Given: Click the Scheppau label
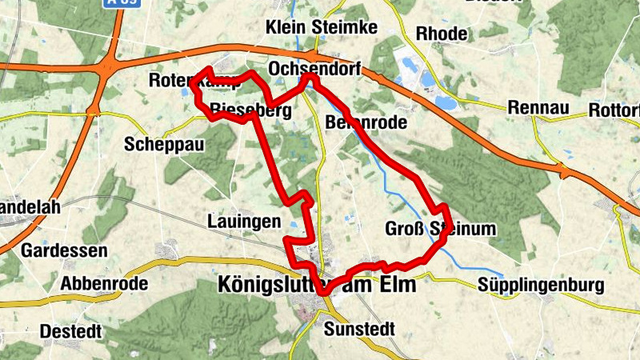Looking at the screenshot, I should tap(165, 145).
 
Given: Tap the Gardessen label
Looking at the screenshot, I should tap(65, 251).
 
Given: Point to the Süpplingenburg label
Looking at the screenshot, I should tap(538, 285).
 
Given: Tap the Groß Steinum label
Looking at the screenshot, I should tap(441, 229).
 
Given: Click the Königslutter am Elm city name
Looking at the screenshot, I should tap(317, 285).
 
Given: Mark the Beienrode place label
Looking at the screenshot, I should tap(366, 123).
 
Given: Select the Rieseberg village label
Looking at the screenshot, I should tap(250, 110).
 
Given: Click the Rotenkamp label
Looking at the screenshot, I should tap(184, 81).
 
